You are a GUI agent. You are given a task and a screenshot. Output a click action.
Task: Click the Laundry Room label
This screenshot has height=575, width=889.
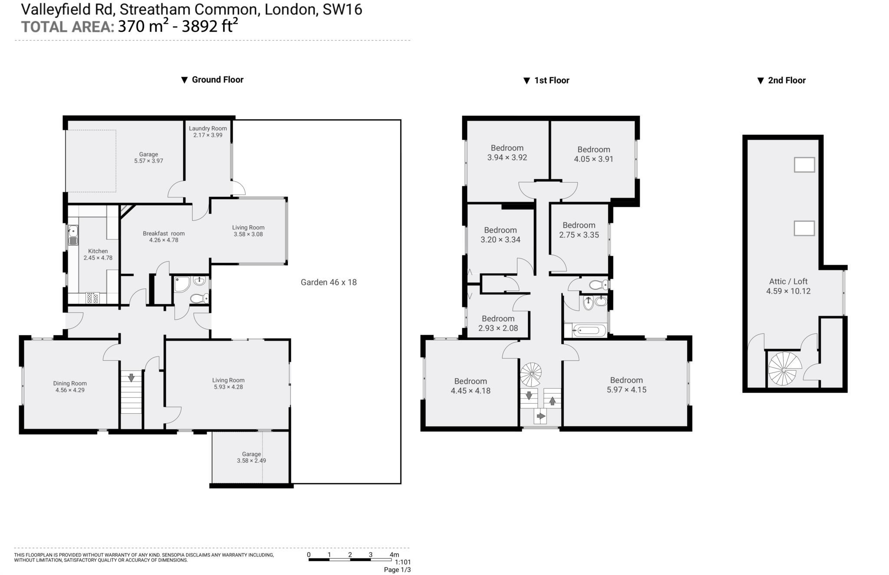[x=207, y=128]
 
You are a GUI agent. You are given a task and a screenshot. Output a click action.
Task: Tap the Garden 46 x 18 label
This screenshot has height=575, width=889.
[x=329, y=282]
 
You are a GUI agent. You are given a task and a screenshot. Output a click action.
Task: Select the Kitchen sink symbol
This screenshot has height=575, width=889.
[x=72, y=235]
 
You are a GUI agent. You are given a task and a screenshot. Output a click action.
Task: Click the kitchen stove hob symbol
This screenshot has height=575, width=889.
[x=93, y=298]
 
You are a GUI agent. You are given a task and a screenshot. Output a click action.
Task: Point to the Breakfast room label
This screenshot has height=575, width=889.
[x=164, y=233]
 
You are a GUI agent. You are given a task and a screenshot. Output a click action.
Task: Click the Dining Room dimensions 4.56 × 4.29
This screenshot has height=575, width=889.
[x=70, y=390]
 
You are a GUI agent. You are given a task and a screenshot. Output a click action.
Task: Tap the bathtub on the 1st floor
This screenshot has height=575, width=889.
[x=588, y=331]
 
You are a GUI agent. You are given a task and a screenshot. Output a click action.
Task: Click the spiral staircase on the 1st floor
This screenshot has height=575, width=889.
[x=531, y=374]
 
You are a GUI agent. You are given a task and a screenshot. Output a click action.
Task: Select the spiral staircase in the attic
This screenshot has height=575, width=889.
[x=784, y=369]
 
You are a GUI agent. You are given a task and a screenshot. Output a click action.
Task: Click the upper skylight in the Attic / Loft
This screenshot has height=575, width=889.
[x=804, y=165]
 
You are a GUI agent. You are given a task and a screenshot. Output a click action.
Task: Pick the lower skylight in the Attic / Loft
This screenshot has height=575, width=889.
[x=804, y=228]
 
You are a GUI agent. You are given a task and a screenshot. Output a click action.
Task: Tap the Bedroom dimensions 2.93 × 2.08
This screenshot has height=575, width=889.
[x=498, y=328]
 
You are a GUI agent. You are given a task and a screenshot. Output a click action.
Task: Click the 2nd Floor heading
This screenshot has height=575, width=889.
[x=786, y=80]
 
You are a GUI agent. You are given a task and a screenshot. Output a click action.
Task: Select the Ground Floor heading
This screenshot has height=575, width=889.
[x=217, y=79]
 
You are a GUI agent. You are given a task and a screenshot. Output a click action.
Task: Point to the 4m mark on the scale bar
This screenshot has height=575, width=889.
[x=394, y=555]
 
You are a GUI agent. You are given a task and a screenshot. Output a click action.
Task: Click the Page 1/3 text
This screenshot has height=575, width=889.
[x=397, y=570]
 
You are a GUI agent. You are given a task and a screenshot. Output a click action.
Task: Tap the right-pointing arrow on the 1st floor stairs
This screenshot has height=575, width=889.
[x=540, y=416]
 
